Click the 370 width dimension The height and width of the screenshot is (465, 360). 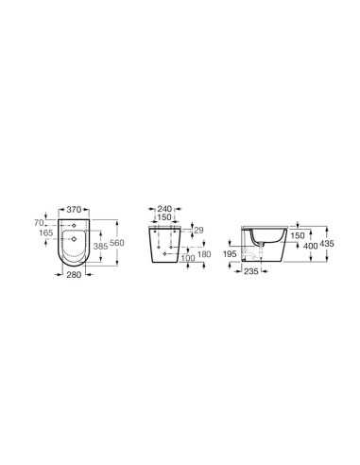[x=74, y=209]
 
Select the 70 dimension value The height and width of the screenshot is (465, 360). [x=39, y=223]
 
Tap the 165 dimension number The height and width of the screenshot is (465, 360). [x=46, y=233]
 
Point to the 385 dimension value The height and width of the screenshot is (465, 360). [x=101, y=247]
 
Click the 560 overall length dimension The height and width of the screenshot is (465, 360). [x=117, y=243]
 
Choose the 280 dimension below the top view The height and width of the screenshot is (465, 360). [x=74, y=275]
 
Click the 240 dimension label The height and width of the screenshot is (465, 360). [x=164, y=209]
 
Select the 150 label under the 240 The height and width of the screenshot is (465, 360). [x=164, y=217]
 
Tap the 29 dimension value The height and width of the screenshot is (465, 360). [x=198, y=230]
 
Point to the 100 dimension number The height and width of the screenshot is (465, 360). [x=188, y=258]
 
